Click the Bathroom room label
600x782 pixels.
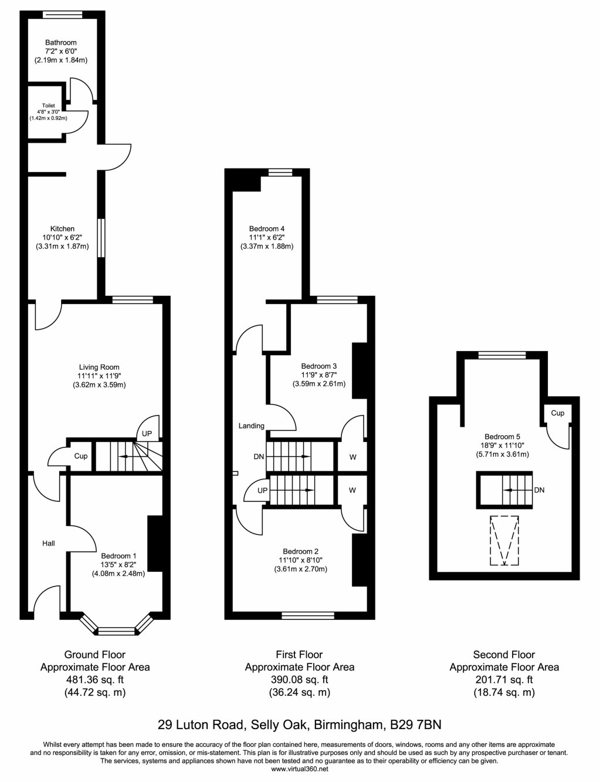pyautogui.click(x=61, y=42)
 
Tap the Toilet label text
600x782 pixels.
pyautogui.click(x=48, y=106)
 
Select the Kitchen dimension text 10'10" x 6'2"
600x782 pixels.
pyautogui.click(x=62, y=238)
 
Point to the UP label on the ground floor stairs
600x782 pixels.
pyautogui.click(x=147, y=434)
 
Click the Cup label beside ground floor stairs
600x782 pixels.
pyautogui.click(x=81, y=456)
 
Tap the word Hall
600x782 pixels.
pyautogui.click(x=49, y=544)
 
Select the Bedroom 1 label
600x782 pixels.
pyautogui.click(x=118, y=556)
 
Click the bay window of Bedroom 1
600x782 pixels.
pyautogui.click(x=117, y=631)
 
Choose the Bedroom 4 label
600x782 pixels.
pyautogui.click(x=267, y=228)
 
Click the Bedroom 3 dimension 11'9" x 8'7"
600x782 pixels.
pyautogui.click(x=319, y=375)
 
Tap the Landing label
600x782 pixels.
pyautogui.click(x=251, y=426)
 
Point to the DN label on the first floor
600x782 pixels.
pyautogui.click(x=259, y=456)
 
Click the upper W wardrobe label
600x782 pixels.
pyautogui.click(x=352, y=457)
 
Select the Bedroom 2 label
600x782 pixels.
pyautogui.click(x=300, y=551)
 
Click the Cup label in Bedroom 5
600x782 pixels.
pyautogui.click(x=557, y=413)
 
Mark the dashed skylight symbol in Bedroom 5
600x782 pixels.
pyautogui.click(x=504, y=540)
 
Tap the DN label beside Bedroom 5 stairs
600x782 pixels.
pyautogui.click(x=540, y=490)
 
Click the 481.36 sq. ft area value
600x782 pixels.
pyautogui.click(x=94, y=680)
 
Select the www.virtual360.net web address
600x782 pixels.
pyautogui.click(x=300, y=768)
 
